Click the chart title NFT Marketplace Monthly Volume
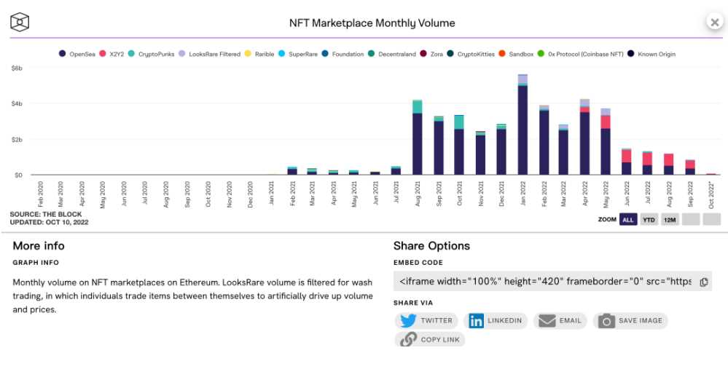point(372,23)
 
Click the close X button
point(714,23)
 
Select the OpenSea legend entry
point(82,54)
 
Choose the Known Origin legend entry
point(653,54)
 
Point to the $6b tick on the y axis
point(16,68)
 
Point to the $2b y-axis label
point(16,139)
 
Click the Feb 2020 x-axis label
point(39,194)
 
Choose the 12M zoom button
point(670,219)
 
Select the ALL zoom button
point(627,219)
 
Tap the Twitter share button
point(427,320)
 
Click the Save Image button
point(630,320)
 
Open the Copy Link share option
point(431,339)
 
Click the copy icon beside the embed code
point(704,282)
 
